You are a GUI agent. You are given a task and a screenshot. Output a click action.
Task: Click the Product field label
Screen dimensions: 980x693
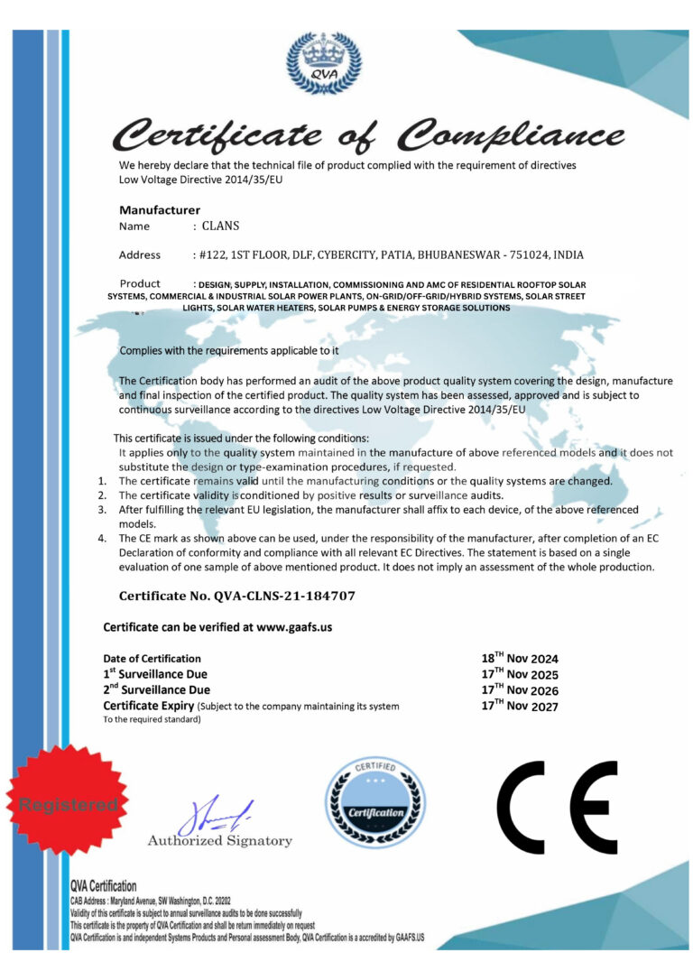[140, 283]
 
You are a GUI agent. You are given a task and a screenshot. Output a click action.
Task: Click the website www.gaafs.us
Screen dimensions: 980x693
[295, 626]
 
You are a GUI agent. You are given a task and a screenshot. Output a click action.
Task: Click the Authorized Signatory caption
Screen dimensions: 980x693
[220, 841]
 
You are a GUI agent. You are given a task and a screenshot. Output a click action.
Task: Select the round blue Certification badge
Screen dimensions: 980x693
[375, 802]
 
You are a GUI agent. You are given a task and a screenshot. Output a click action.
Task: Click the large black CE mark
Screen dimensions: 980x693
[557, 807]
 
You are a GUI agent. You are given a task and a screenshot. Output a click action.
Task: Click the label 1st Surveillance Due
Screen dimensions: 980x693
[155, 674]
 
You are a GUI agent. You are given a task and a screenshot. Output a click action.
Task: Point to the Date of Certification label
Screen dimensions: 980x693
[152, 658]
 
